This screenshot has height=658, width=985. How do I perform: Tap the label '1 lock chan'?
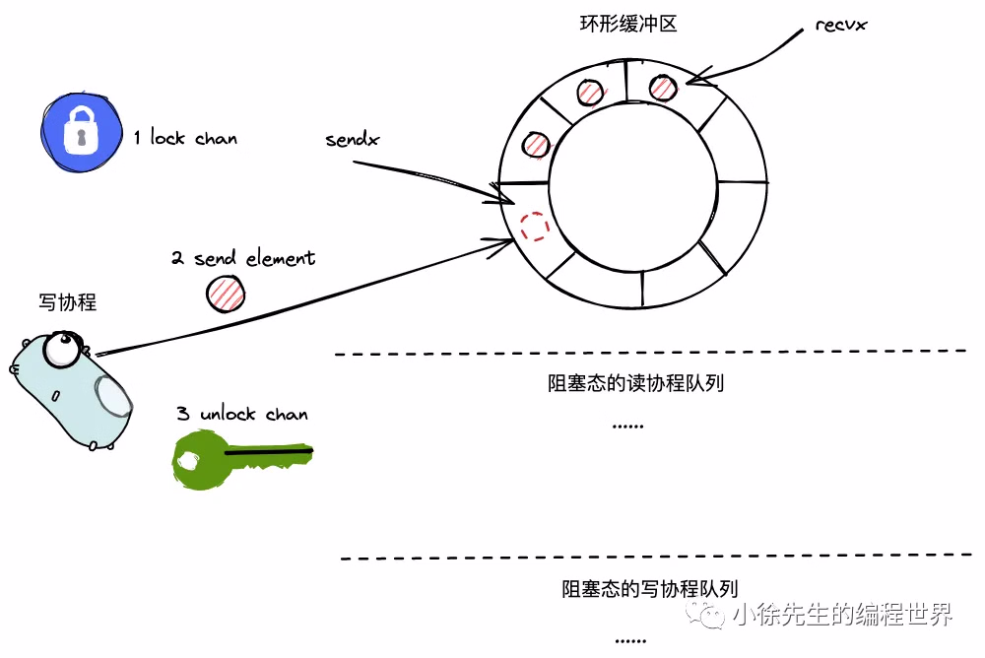[x=185, y=138]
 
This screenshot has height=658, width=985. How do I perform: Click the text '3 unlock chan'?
[x=242, y=414]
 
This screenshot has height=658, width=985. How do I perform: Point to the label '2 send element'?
[x=243, y=258]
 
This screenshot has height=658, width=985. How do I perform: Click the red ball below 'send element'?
[x=226, y=293]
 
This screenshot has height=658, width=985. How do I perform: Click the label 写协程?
[x=68, y=302]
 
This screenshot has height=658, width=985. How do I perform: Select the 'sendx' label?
[x=352, y=140]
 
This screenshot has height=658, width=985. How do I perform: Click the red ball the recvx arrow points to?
[x=663, y=88]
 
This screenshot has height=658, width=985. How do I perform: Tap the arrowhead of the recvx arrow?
[x=691, y=80]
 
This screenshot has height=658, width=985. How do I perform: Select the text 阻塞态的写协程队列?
[x=649, y=589]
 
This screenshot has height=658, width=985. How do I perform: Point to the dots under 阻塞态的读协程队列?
[x=627, y=426]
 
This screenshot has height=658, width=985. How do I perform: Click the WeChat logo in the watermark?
[x=709, y=616]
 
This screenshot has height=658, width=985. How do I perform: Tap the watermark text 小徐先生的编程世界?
[x=841, y=616]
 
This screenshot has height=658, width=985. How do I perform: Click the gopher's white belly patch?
[x=113, y=397]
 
